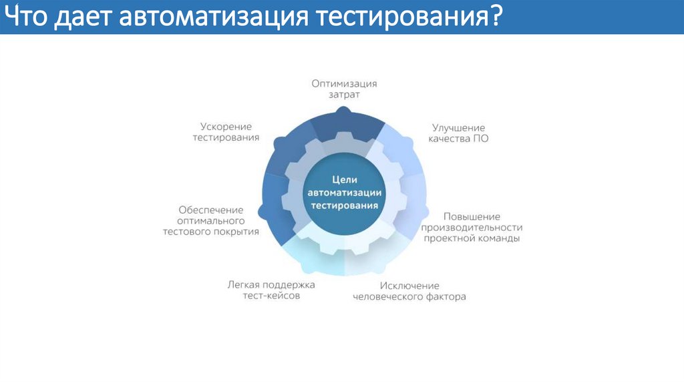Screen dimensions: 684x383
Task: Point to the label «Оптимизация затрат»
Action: coord(344,89)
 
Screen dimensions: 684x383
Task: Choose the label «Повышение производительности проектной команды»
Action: coord(472,227)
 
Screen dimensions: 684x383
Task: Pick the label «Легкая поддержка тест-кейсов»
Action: coord(271,290)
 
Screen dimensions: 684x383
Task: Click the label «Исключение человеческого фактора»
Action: coord(409,290)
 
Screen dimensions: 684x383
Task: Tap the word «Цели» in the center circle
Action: coord(345,180)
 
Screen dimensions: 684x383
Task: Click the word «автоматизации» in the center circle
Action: coord(345,193)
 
